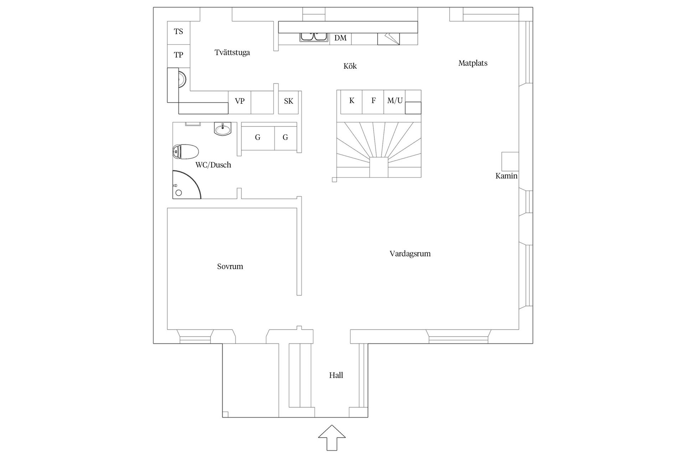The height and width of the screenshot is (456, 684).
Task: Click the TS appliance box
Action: (178, 32)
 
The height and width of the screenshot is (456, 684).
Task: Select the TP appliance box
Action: (178, 55)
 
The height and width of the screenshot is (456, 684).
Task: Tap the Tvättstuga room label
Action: (232, 53)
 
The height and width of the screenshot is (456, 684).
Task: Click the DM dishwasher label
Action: (340, 38)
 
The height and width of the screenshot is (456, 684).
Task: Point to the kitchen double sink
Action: (314, 37)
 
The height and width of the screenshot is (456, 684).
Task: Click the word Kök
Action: (350, 66)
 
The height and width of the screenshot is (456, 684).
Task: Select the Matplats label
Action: (473, 63)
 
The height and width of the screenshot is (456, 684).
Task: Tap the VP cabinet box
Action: (240, 102)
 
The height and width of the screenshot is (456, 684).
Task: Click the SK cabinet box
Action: (288, 102)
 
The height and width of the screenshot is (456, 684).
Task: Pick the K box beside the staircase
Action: (351, 101)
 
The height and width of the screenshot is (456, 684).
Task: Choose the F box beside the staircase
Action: (373, 101)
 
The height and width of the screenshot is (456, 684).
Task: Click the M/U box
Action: (395, 101)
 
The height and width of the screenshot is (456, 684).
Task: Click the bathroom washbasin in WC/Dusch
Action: (223, 129)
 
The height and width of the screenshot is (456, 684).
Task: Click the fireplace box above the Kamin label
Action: (510, 161)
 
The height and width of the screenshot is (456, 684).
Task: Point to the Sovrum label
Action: (230, 266)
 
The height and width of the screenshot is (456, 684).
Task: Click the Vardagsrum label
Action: (410, 254)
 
